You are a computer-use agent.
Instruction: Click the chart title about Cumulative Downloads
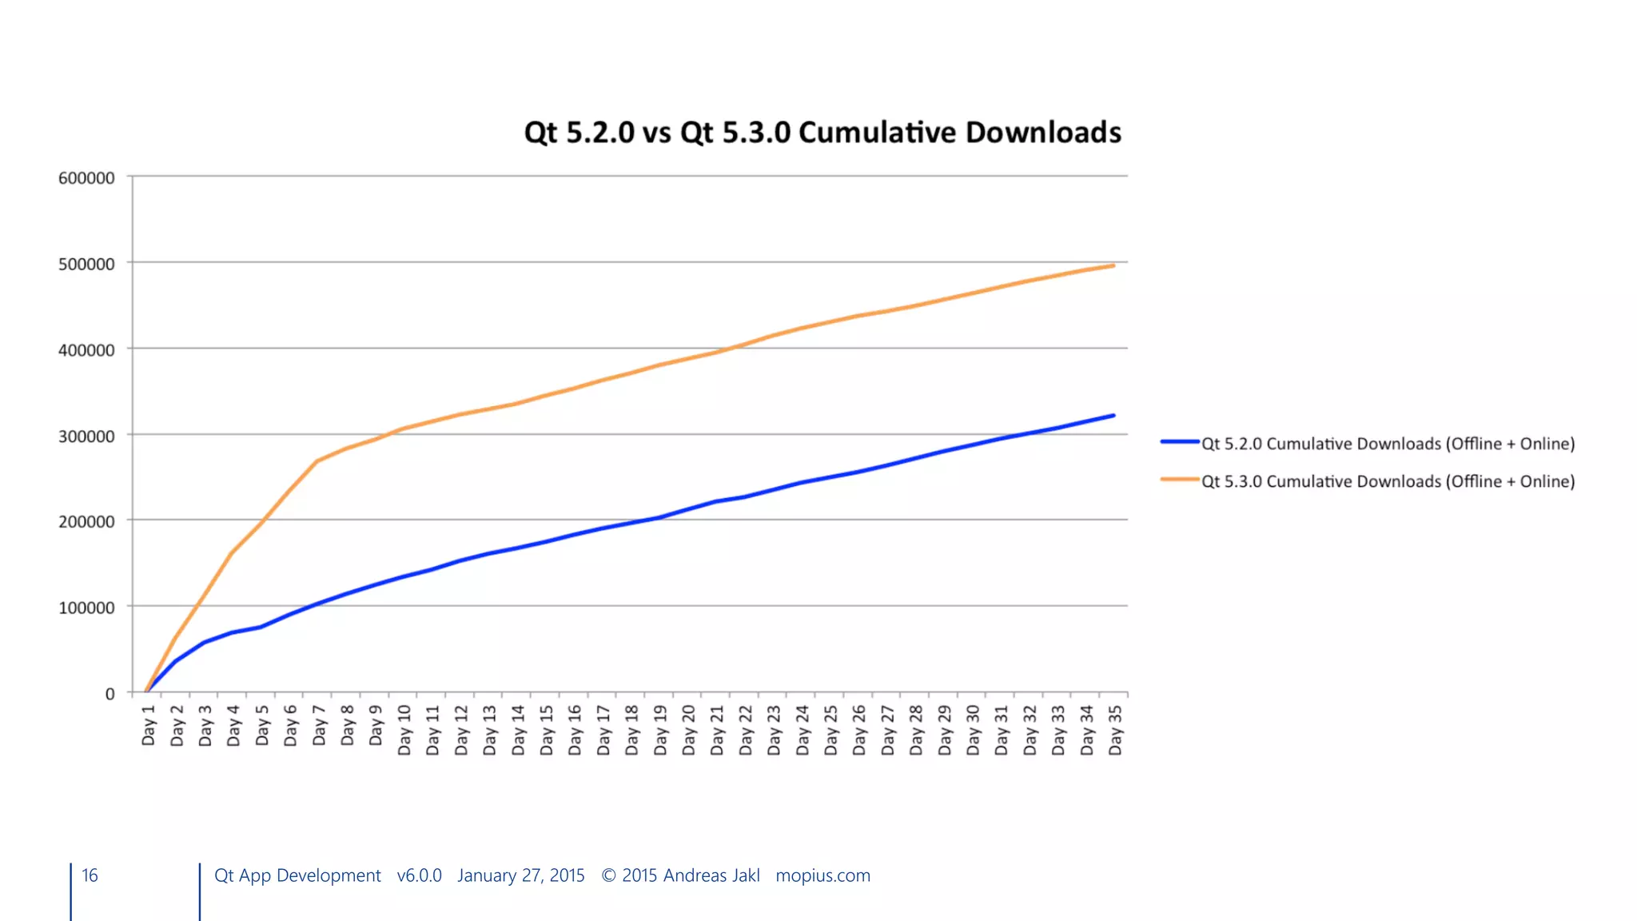pos(822,133)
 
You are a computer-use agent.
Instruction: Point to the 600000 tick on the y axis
pos(86,177)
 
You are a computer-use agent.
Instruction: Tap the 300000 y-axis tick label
pos(86,436)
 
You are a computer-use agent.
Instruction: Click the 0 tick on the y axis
pos(110,693)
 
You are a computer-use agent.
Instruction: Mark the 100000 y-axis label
pos(86,608)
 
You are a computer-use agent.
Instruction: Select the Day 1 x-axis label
pos(149,725)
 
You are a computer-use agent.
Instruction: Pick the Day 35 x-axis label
pos(1116,729)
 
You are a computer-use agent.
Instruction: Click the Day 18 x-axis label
pos(632,729)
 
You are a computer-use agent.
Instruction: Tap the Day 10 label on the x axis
pos(404,729)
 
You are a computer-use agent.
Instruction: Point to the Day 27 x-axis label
pos(888,729)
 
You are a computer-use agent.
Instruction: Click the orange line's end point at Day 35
pos(1113,265)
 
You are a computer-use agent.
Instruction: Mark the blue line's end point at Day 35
pos(1113,416)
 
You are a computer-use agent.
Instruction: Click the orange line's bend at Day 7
pos(317,461)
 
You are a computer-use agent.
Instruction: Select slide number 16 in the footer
pos(90,875)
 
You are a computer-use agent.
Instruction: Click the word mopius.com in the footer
pos(822,875)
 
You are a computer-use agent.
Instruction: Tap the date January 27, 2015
pos(521,875)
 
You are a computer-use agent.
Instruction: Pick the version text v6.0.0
pos(419,875)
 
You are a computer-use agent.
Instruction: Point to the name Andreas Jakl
pos(711,875)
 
